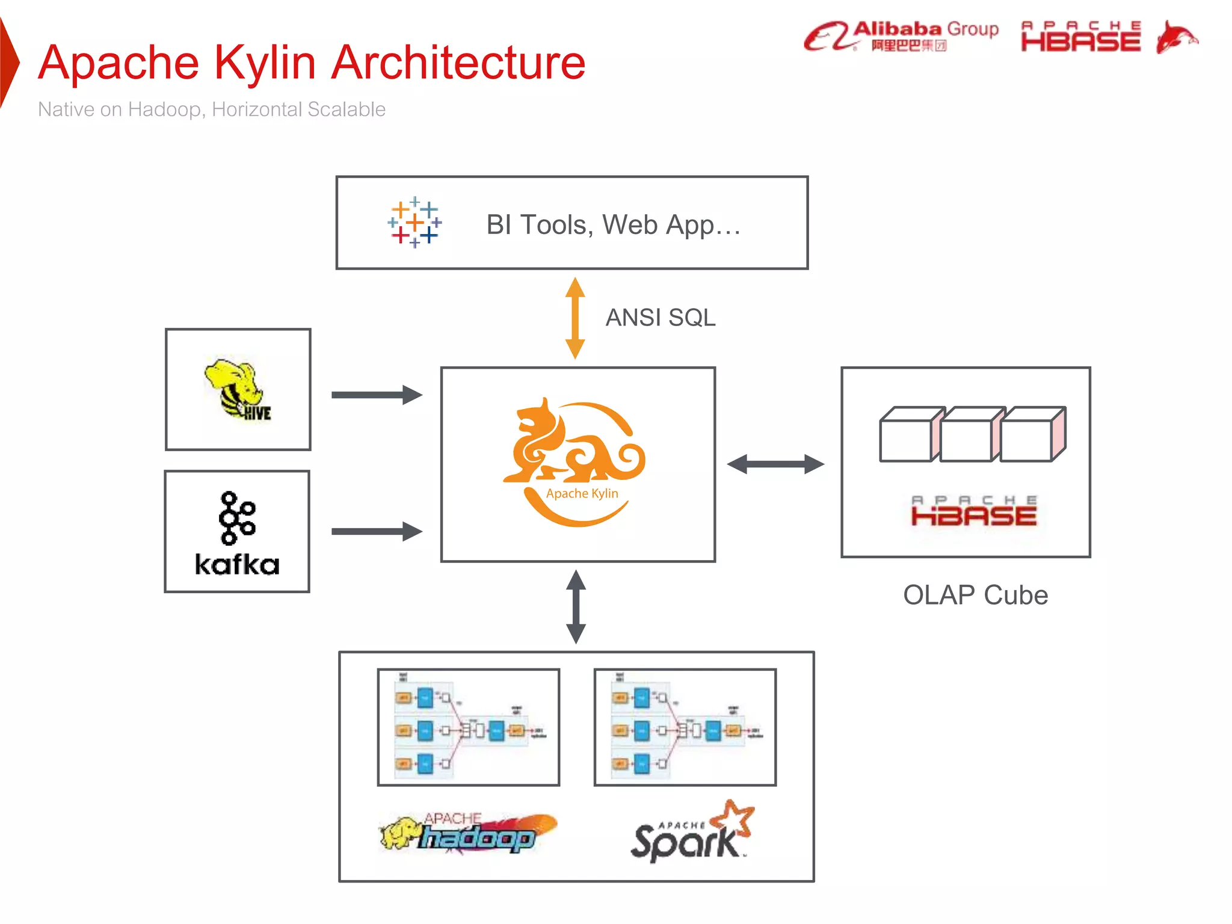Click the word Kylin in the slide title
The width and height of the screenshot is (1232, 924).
click(265, 63)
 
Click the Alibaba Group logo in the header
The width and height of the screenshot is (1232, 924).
click(901, 36)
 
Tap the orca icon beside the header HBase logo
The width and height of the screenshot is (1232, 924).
click(1176, 37)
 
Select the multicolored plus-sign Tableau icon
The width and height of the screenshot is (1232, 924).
click(414, 222)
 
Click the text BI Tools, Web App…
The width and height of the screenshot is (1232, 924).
click(613, 224)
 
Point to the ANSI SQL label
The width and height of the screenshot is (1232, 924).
click(660, 318)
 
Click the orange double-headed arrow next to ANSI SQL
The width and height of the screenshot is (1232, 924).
click(575, 318)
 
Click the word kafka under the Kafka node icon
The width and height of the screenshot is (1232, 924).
click(237, 565)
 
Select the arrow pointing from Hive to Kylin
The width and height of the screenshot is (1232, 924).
click(377, 395)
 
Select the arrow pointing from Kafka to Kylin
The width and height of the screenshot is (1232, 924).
click(377, 531)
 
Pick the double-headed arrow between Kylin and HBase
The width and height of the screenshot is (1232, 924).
click(775, 464)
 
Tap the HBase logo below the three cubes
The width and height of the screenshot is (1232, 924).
click(973, 512)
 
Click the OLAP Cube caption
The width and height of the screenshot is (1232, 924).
click(975, 596)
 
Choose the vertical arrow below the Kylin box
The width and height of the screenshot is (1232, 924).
click(576, 606)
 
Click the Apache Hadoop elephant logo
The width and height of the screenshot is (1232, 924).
click(467, 833)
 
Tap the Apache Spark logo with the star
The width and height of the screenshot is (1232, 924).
click(692, 833)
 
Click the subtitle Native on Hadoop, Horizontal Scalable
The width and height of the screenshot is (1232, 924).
click(211, 109)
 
